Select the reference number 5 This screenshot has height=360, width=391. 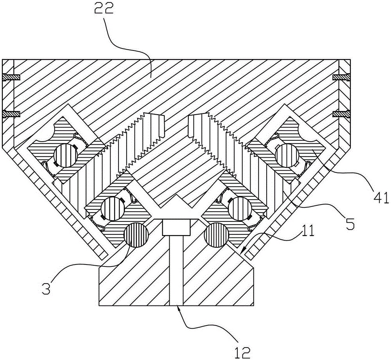coord(350,223)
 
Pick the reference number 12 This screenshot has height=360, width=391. coord(243,349)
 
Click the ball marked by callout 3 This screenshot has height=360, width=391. coord(136,235)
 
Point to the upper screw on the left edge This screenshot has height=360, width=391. coord(11,77)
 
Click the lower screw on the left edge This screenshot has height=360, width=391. coord(11,114)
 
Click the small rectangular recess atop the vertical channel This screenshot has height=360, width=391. coord(176,227)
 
